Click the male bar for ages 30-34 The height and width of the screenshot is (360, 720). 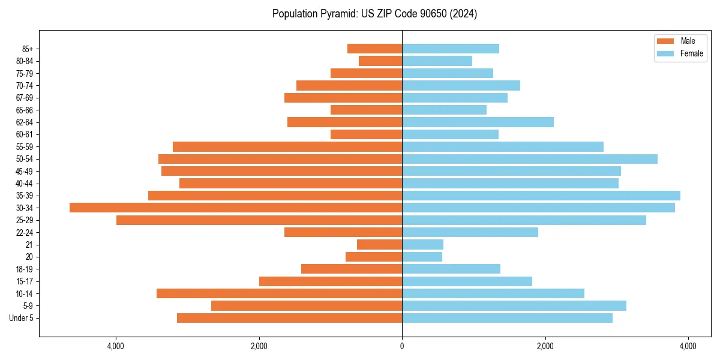(236, 208)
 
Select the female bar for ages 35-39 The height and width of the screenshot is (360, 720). (541, 196)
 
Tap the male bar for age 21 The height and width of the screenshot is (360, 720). (379, 244)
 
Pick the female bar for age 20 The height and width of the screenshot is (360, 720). (422, 257)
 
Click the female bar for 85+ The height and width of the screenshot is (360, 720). (451, 49)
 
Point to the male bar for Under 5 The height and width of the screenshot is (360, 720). (289, 318)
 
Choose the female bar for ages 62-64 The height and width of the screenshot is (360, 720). (478, 122)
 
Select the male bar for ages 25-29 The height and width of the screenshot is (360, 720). (259, 220)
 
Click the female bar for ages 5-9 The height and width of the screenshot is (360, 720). (514, 305)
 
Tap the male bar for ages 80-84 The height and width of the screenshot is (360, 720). (380, 61)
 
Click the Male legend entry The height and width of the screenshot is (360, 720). (680, 41)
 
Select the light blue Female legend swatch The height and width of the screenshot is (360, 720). (666, 53)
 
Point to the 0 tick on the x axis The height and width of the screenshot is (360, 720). (402, 346)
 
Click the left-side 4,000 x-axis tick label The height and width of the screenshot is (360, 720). (115, 346)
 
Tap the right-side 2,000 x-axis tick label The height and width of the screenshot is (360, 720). (545, 346)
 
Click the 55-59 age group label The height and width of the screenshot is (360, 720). (25, 146)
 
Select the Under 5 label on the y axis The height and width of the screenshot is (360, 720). (21, 318)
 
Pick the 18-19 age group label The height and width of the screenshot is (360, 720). (25, 269)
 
